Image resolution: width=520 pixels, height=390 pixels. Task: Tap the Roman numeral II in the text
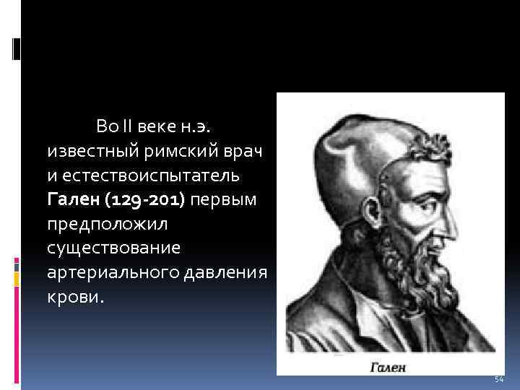[127, 128]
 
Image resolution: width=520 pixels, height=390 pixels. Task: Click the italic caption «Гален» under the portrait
[388, 367]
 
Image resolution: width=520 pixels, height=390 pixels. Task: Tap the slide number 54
[498, 379]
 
